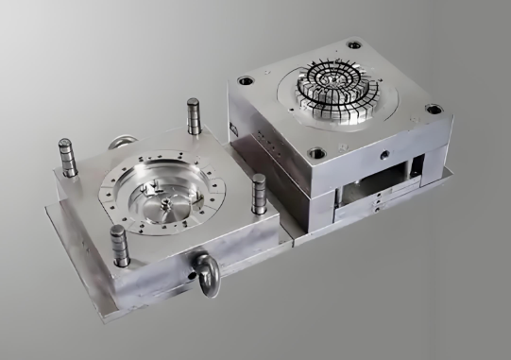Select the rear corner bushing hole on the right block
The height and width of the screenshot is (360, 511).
coord(354,43)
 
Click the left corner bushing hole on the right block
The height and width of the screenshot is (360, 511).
coord(247,81)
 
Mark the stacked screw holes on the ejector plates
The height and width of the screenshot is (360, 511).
coord(379,202)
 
